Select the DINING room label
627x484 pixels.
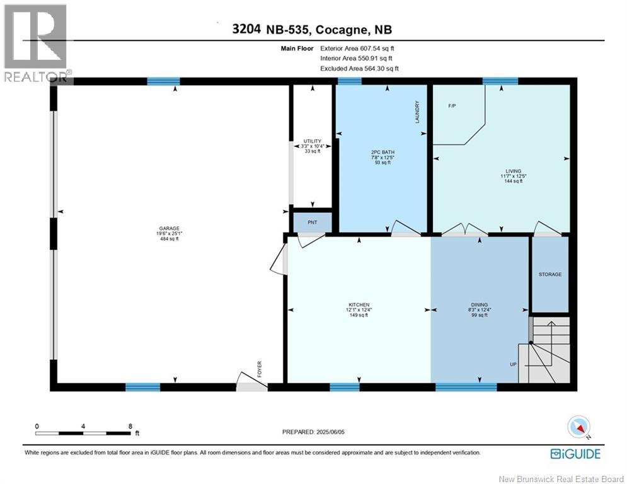coord(479,305)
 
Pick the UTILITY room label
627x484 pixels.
coord(312,141)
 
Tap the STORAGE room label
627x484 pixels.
coord(549,274)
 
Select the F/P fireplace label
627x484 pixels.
coord(452,106)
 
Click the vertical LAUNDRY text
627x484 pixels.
coord(417,112)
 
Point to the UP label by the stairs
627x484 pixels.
coord(513,364)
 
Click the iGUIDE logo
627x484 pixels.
coord(575,454)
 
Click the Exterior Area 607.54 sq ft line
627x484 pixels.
coord(357,48)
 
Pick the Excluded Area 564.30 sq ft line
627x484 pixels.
coord(359,69)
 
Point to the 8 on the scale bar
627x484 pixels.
coord(130,426)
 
